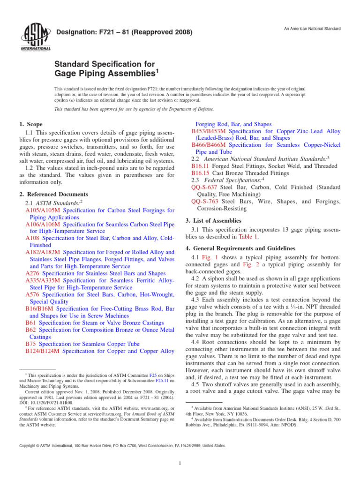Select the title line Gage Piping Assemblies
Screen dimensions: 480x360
click(105, 74)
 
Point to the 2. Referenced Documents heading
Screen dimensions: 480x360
click(53, 194)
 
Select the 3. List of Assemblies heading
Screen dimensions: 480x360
click(213, 220)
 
